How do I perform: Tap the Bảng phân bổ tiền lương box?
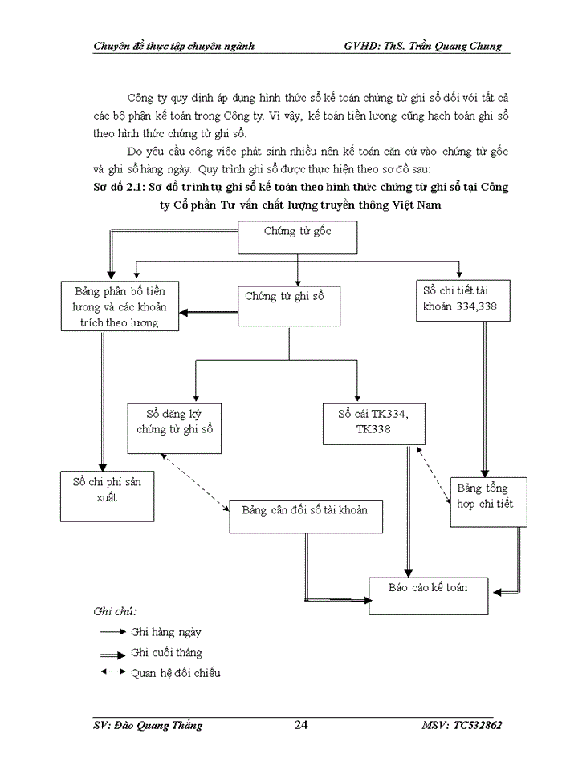click(x=119, y=306)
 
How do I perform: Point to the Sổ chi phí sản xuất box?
click(x=107, y=496)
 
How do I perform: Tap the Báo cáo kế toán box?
click(x=427, y=594)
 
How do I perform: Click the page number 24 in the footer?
click(x=301, y=725)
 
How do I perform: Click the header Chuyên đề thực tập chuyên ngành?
click(x=173, y=46)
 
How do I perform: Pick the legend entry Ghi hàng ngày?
click(x=166, y=632)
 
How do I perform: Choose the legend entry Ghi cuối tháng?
click(x=166, y=652)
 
